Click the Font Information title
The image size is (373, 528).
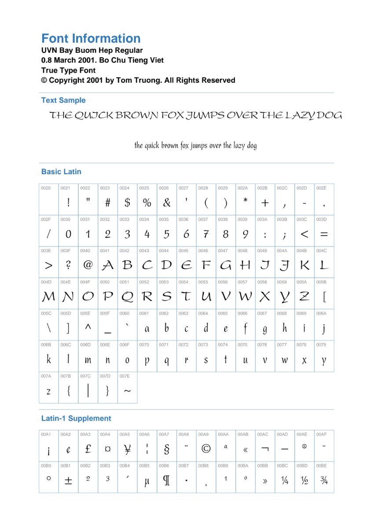(91, 39)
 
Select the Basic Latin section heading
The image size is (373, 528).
(61, 172)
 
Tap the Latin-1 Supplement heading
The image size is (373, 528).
(76, 418)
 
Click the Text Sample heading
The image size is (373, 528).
(63, 100)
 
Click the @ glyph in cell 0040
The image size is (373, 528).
(88, 265)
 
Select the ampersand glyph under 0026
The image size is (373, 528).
(167, 203)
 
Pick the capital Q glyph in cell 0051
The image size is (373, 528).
(127, 297)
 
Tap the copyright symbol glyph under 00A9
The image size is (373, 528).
(206, 449)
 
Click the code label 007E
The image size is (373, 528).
(124, 376)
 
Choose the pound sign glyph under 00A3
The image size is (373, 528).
(88, 448)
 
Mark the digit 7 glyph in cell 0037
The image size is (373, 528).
(205, 235)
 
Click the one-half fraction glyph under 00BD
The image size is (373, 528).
(304, 480)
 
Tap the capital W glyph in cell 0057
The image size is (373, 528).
(245, 297)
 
